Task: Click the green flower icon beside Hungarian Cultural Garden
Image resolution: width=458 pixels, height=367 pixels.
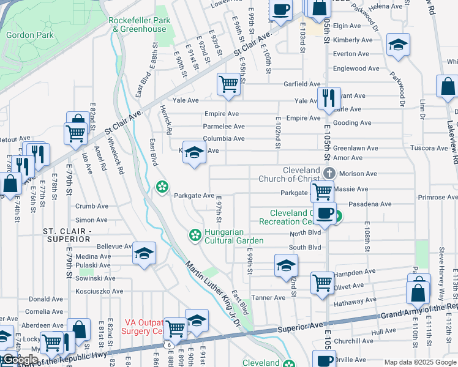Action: coord(195,234)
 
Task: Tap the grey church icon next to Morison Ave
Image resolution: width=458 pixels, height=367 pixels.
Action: coord(329,173)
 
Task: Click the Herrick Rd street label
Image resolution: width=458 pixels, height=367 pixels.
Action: coord(166,120)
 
